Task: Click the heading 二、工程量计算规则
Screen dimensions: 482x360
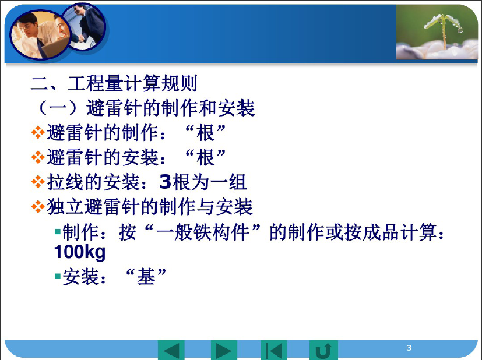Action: [x=114, y=83]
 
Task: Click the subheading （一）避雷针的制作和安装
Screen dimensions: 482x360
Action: [x=145, y=108]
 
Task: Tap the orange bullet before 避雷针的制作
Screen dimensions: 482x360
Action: [x=38, y=133]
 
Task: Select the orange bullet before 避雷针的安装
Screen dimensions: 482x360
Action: [x=38, y=157]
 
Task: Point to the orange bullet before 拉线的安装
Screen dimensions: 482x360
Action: [x=38, y=182]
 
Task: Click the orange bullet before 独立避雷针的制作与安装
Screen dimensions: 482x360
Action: [x=38, y=206]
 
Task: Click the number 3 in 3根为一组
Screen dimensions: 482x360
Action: [x=166, y=182]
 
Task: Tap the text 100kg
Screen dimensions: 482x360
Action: [x=80, y=252]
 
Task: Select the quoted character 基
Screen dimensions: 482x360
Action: [x=146, y=277]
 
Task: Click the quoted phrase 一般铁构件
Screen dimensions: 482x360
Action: [x=203, y=232]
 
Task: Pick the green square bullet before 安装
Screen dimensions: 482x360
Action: [x=58, y=276]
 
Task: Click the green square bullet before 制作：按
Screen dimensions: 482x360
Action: [x=58, y=231]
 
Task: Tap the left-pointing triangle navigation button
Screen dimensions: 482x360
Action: [x=171, y=350]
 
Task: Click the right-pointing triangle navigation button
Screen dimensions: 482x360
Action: [x=224, y=350]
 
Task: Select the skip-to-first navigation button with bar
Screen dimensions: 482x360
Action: [x=273, y=350]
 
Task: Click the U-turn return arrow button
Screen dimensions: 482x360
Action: [x=323, y=350]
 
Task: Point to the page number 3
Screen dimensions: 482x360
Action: [x=409, y=348]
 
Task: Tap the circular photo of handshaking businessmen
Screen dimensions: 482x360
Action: [x=83, y=26]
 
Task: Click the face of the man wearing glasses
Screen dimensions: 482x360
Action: [x=26, y=29]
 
